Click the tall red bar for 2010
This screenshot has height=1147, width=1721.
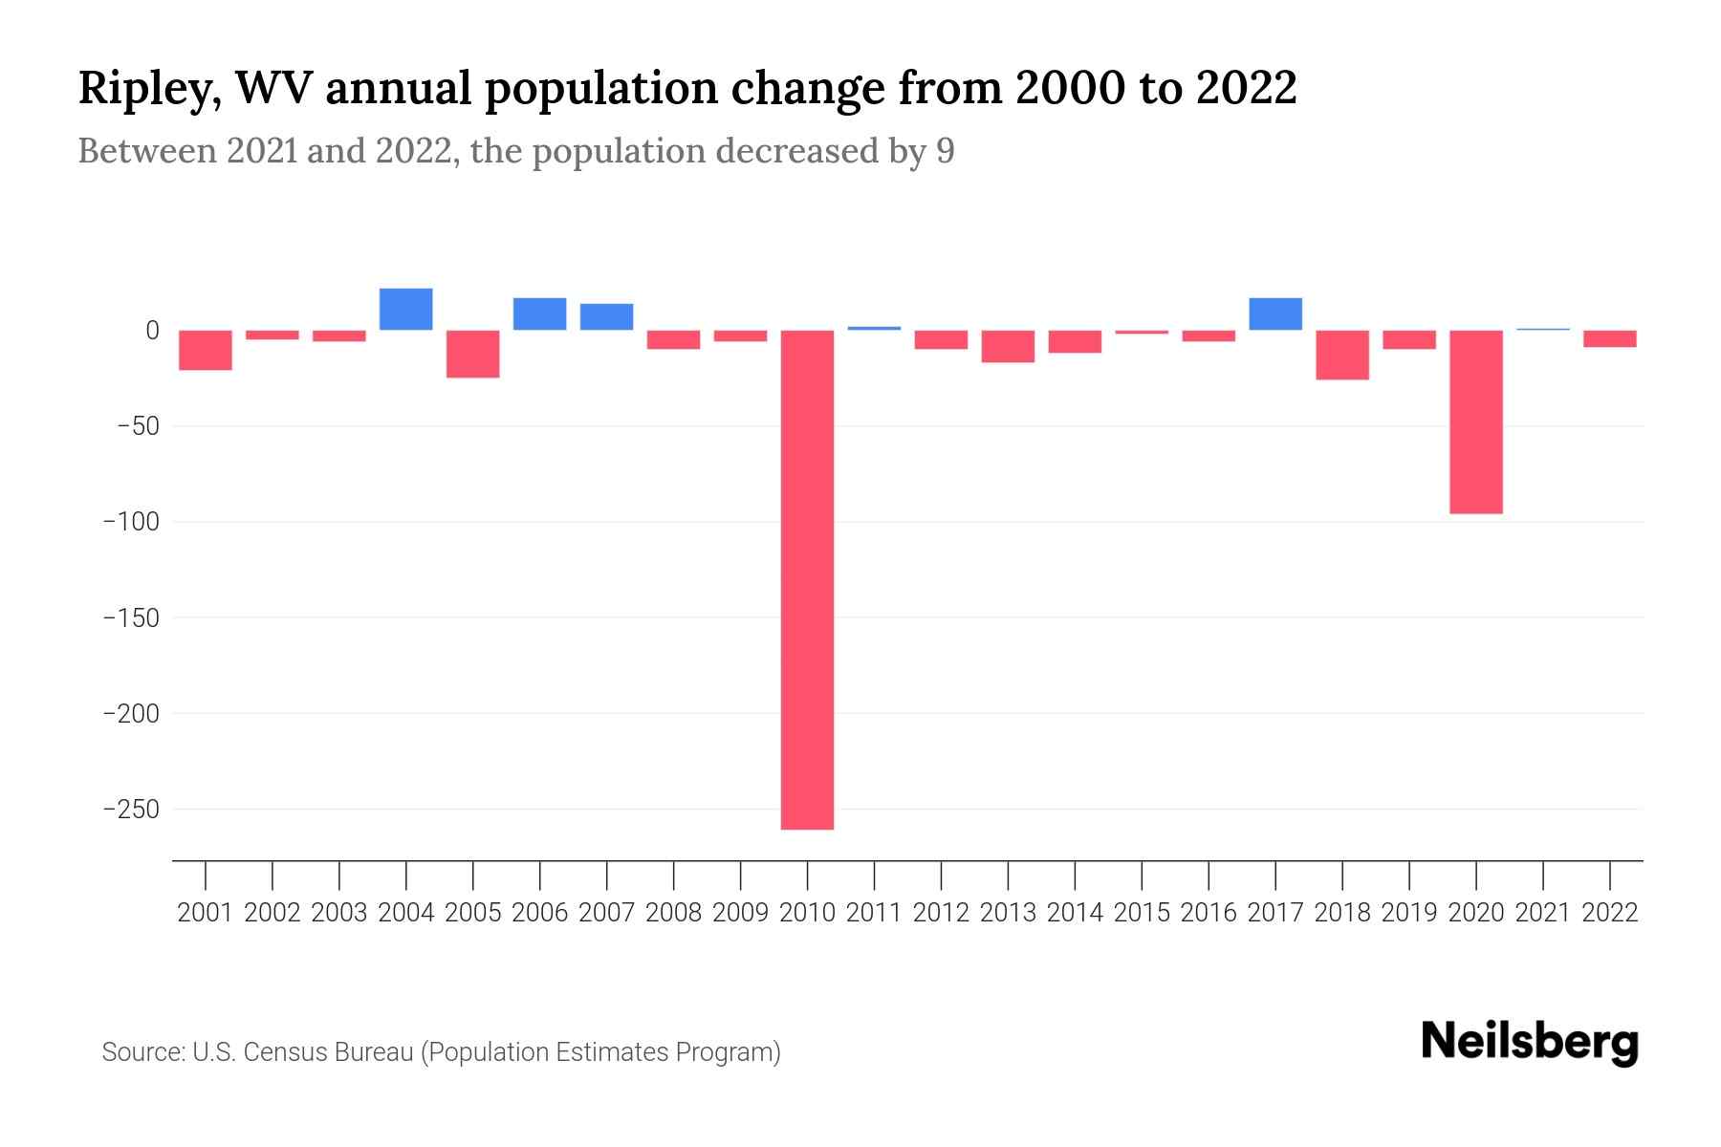coord(807,579)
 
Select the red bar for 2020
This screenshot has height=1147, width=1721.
coord(1475,422)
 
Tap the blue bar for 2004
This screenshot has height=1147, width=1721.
coord(405,309)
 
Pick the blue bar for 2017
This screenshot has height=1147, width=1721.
coord(1274,314)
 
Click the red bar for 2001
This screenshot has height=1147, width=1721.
coord(206,350)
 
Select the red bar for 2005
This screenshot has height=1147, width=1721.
coord(472,354)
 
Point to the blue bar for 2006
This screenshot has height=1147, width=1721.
coord(539,314)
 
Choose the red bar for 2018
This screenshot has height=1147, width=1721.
coord(1341,355)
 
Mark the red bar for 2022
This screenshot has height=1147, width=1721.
coord(1609,338)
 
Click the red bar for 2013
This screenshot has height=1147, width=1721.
coord(1008,346)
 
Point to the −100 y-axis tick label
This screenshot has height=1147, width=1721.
coord(131,522)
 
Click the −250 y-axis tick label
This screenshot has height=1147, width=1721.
coord(131,810)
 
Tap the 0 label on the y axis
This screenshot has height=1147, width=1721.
coord(152,331)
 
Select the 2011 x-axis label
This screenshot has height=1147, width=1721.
coord(874,913)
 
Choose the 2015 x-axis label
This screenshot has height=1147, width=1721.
coord(1142,913)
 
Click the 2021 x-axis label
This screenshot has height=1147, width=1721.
coord(1542,913)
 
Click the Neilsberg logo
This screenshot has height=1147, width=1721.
coord(1530,1042)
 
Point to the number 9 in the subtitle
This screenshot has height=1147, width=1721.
coord(945,151)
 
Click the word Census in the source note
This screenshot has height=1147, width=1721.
coord(282,1052)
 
